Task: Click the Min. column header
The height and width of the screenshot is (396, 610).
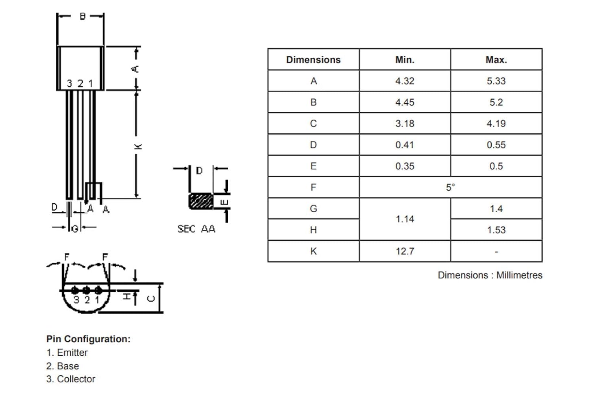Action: tap(405, 60)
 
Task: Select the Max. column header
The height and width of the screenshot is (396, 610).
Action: tap(496, 60)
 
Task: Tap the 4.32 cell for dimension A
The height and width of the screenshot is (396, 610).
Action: tap(405, 81)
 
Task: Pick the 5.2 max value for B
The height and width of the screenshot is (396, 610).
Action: tap(496, 102)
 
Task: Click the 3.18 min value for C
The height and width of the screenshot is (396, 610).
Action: tap(405, 123)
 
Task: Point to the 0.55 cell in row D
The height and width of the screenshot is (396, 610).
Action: tap(496, 144)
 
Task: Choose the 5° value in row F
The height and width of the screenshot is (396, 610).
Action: tap(451, 187)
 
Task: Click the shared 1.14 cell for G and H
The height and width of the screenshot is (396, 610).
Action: tap(405, 219)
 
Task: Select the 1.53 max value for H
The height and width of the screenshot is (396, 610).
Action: tap(496, 230)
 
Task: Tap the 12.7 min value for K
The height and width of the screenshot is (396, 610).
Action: tap(405, 251)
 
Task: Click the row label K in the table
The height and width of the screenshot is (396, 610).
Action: tap(314, 251)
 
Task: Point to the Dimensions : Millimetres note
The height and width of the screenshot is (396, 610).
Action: tap(490, 275)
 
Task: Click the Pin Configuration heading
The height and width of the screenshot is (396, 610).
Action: tap(89, 339)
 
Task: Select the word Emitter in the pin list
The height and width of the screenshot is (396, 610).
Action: tap(72, 353)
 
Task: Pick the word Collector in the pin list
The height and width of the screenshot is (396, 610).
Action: tap(76, 379)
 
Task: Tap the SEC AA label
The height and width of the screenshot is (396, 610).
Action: tap(196, 229)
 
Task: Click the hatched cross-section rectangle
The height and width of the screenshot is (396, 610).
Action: tap(201, 201)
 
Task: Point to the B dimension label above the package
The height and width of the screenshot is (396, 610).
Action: tap(83, 16)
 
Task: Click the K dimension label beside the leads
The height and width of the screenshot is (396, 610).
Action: tap(138, 146)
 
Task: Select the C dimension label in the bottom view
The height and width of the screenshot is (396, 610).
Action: tap(151, 298)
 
